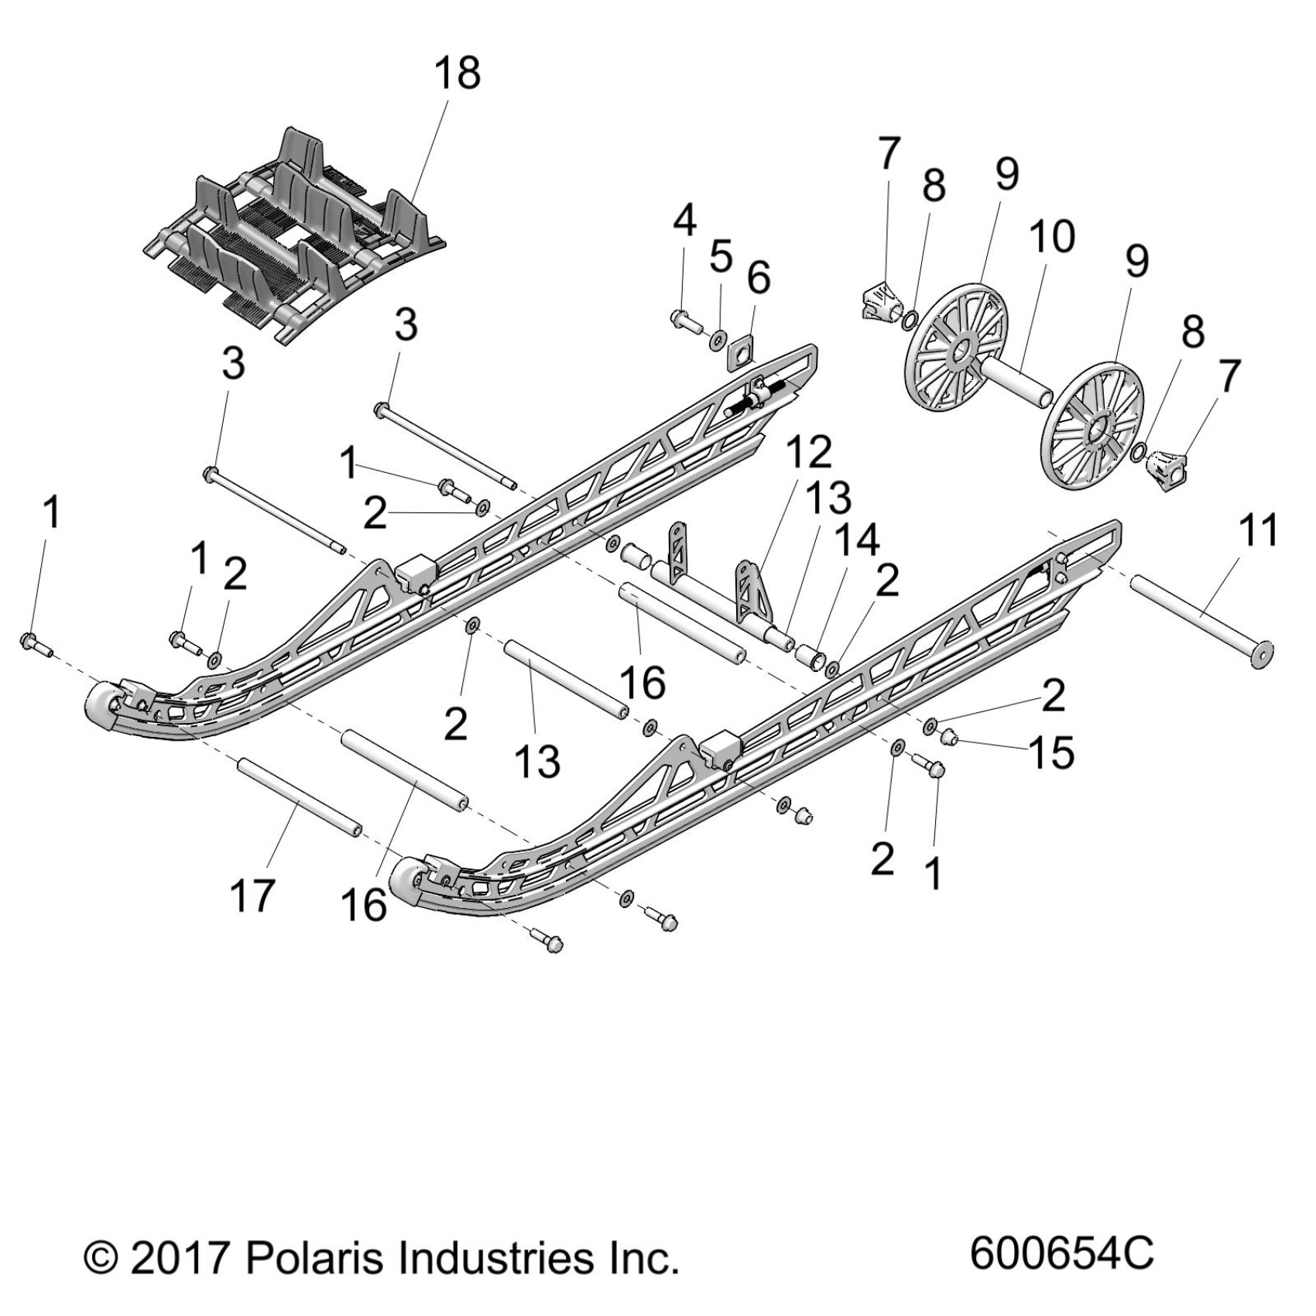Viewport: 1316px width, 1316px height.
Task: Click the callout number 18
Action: pyautogui.click(x=458, y=74)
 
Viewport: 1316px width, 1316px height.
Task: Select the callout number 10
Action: pyautogui.click(x=1051, y=236)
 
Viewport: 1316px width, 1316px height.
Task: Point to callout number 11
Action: pyautogui.click(x=1257, y=531)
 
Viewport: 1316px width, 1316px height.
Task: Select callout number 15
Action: pyautogui.click(x=1051, y=752)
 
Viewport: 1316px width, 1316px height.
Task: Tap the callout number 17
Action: pyautogui.click(x=252, y=896)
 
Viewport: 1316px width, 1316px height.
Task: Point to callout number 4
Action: pyautogui.click(x=684, y=221)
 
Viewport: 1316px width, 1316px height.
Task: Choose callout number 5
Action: pyautogui.click(x=721, y=256)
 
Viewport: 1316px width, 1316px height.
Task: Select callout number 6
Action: pyautogui.click(x=758, y=277)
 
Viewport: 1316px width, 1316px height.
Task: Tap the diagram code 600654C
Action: pyautogui.click(x=1061, y=1252)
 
